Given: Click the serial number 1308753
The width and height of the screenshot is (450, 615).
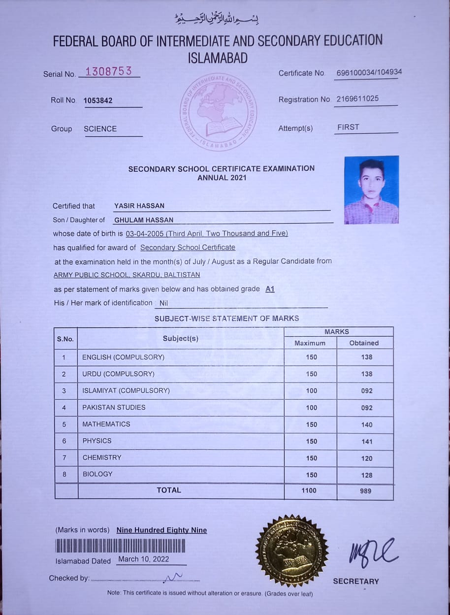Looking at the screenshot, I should [x=108, y=71].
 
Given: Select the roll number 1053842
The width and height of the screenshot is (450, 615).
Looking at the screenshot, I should [x=98, y=100].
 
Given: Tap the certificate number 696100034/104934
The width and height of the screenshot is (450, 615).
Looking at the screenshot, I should [x=369, y=72].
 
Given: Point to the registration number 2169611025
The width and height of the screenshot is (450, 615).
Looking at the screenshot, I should [x=357, y=98].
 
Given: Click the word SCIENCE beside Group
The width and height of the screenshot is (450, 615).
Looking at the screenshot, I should [x=100, y=129].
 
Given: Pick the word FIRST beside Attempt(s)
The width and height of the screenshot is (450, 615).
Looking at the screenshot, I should [x=348, y=127].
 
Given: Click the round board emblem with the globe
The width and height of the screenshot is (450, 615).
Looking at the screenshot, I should [x=219, y=113].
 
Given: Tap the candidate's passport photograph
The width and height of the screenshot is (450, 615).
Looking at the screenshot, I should [x=371, y=190].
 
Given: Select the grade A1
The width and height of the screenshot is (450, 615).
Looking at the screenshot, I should [x=270, y=289].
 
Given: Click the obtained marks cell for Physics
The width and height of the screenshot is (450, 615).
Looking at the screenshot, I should [x=366, y=442].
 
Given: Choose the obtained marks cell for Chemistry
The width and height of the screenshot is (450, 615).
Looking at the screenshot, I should [x=366, y=458].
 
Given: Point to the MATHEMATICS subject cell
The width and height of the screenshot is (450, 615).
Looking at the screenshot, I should [x=106, y=424].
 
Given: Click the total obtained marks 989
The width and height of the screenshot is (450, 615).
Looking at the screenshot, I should [x=365, y=491].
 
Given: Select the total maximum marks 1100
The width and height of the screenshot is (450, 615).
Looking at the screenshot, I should [x=309, y=490].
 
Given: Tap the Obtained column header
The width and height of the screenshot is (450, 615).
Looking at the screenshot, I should [x=364, y=343].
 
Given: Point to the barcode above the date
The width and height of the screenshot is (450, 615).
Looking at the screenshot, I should [x=120, y=546].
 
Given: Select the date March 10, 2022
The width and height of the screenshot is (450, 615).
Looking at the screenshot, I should [x=143, y=559].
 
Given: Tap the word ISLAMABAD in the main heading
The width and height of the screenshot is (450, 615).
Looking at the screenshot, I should [x=218, y=58].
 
